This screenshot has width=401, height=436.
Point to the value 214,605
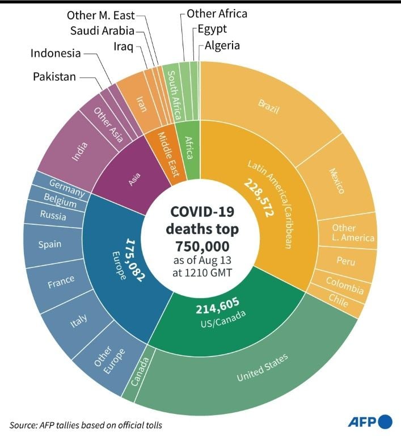coord(218,309)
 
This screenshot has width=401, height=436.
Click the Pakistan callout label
coord(54,76)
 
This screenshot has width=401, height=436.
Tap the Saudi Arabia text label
coord(102,31)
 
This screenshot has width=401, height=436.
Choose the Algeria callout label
coord(222,45)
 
